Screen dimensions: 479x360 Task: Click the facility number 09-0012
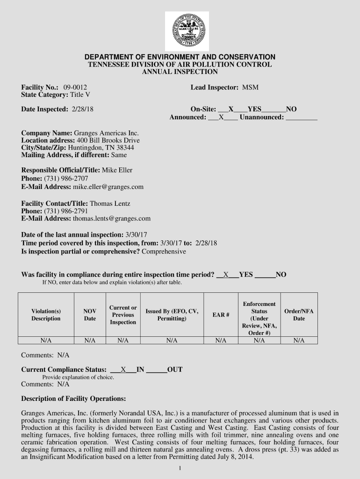pyautogui.click(x=75, y=87)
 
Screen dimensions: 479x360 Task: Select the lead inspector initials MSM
pyautogui.click(x=250, y=87)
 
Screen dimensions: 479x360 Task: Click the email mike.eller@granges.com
pyautogui.click(x=108, y=187)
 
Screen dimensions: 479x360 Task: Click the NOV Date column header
pyautogui.click(x=90, y=315)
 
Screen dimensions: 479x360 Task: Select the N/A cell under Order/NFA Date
pyautogui.click(x=299, y=341)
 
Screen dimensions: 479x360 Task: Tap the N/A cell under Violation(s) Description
pyautogui.click(x=46, y=341)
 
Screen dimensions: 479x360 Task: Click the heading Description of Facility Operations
pyautogui.click(x=73, y=399)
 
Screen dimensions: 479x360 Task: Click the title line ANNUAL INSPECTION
pyautogui.click(x=180, y=72)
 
